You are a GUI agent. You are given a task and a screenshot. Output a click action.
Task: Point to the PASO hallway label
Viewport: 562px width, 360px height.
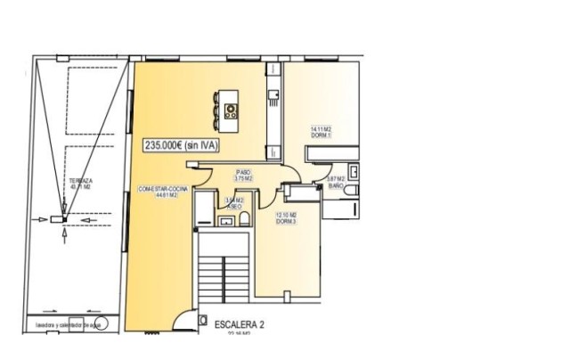pyautogui.click(x=243, y=171)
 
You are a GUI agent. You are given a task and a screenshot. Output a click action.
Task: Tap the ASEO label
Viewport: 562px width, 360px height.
pyautogui.click(x=235, y=207)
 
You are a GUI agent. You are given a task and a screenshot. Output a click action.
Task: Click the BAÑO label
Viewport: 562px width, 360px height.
pyautogui.click(x=335, y=186)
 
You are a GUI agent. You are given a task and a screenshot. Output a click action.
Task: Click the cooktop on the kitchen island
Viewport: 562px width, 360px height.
pyautogui.click(x=231, y=110)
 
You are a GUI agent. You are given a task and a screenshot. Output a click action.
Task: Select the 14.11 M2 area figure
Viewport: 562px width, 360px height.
pyautogui.click(x=321, y=129)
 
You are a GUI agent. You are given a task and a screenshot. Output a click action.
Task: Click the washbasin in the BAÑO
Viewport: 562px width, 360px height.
pyautogui.click(x=354, y=171)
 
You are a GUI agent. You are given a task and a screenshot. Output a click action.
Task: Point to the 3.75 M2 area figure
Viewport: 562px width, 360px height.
pyautogui.click(x=243, y=177)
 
